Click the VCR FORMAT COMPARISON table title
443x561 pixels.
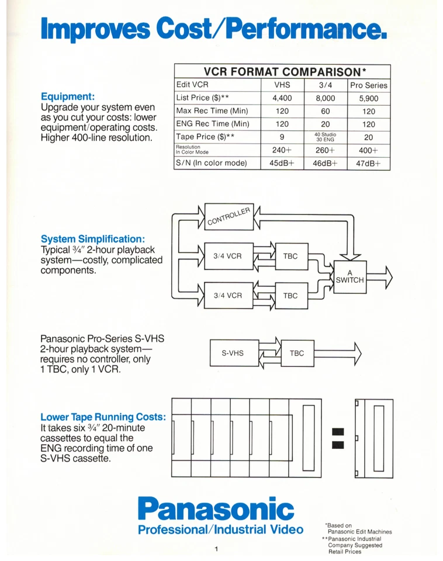[x=282, y=71]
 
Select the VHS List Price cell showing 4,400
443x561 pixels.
[x=282, y=98]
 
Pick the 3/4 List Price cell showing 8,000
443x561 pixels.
[x=326, y=98]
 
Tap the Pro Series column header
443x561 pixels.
[x=368, y=85]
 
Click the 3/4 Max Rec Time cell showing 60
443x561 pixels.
[x=326, y=111]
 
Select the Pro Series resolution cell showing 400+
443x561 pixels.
[x=368, y=150]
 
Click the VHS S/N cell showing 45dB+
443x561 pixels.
[x=282, y=163]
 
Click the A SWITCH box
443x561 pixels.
[x=349, y=276]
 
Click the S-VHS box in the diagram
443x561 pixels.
[x=232, y=354]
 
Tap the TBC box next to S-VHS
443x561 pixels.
[x=297, y=354]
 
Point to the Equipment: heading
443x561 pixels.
[x=68, y=96]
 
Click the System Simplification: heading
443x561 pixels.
[x=93, y=239]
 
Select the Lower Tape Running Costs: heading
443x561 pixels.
[x=103, y=417]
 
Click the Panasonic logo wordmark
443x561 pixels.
[x=216, y=509]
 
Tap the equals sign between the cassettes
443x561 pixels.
[x=337, y=439]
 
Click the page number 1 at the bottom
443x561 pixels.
[x=216, y=549]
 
